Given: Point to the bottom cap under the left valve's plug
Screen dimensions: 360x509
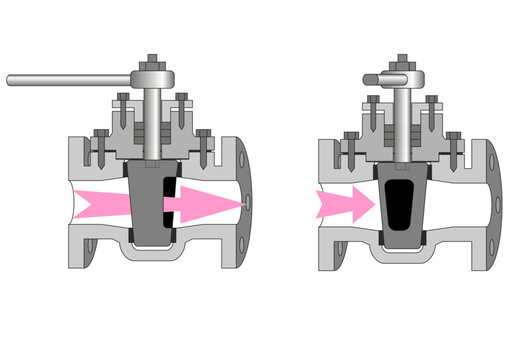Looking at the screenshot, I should pos(152,246).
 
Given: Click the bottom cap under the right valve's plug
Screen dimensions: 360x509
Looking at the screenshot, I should pos(401,247).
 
